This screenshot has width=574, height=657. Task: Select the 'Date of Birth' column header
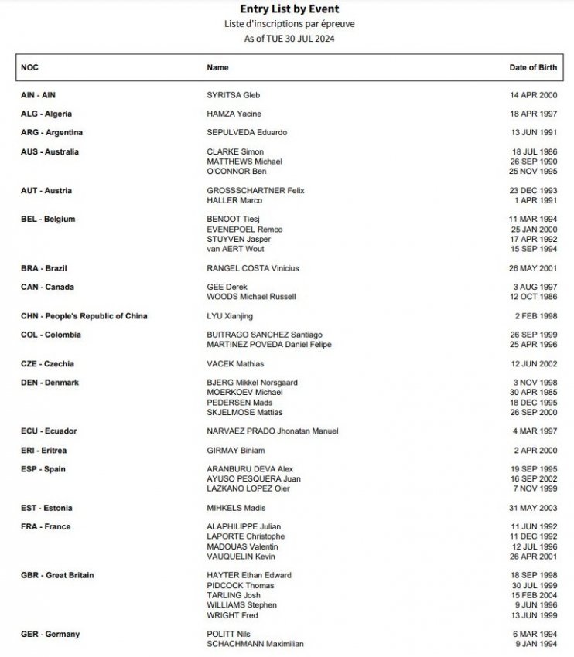click(533, 68)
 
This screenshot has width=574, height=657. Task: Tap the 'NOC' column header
click(29, 68)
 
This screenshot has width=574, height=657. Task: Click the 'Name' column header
click(217, 68)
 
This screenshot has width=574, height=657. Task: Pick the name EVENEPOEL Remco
click(244, 230)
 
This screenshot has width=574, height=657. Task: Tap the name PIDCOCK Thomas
click(241, 586)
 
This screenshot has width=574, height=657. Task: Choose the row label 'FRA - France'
click(46, 527)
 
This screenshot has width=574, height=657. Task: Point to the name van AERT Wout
click(236, 250)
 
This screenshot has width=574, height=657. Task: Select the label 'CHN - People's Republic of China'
click(84, 316)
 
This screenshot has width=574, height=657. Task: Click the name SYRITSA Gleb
click(234, 95)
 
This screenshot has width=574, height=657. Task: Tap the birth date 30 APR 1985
click(532, 393)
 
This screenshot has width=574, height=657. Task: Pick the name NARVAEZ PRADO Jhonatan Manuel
click(272, 431)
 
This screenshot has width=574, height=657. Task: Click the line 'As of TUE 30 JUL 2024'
click(286, 38)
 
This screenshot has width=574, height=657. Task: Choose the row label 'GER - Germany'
click(50, 635)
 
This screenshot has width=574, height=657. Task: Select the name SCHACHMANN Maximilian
click(255, 644)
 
